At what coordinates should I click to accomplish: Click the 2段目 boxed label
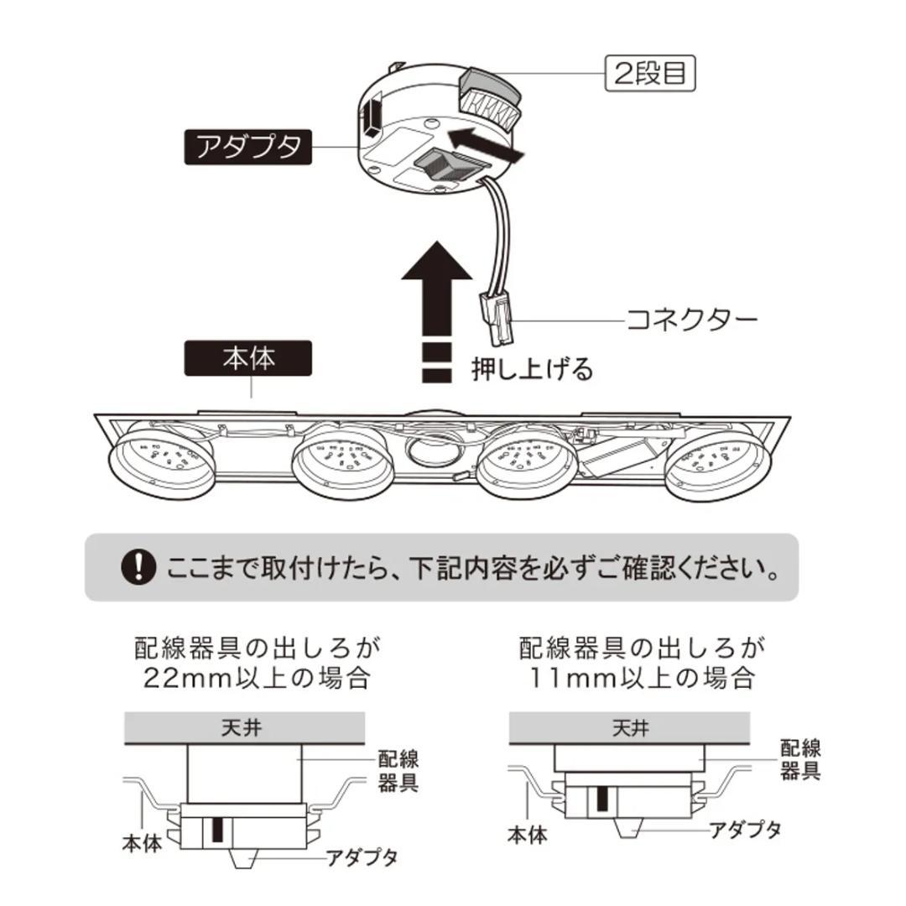[x=650, y=73]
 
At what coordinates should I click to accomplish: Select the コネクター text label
[x=692, y=320]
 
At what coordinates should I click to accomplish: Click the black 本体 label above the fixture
[x=247, y=358]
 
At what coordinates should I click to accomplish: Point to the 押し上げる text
[x=532, y=369]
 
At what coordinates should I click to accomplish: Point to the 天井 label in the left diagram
[x=245, y=727]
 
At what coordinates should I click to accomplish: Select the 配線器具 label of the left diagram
[x=398, y=772]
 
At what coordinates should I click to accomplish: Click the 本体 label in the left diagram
[x=140, y=842]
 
